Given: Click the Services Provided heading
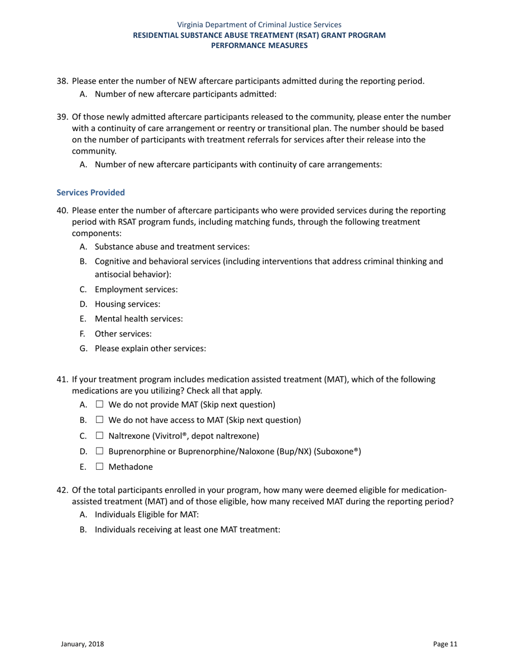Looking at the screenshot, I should pyautogui.click(x=91, y=193).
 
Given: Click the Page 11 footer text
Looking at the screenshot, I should pyautogui.click(x=445, y=644).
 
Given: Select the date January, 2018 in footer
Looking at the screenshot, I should pyautogui.click(x=82, y=644).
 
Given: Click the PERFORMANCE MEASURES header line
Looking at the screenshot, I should pyautogui.click(x=259, y=45).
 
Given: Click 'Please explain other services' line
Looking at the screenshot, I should pyautogui.click(x=150, y=348).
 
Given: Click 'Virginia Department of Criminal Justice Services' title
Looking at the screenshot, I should pyautogui.click(x=259, y=25).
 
